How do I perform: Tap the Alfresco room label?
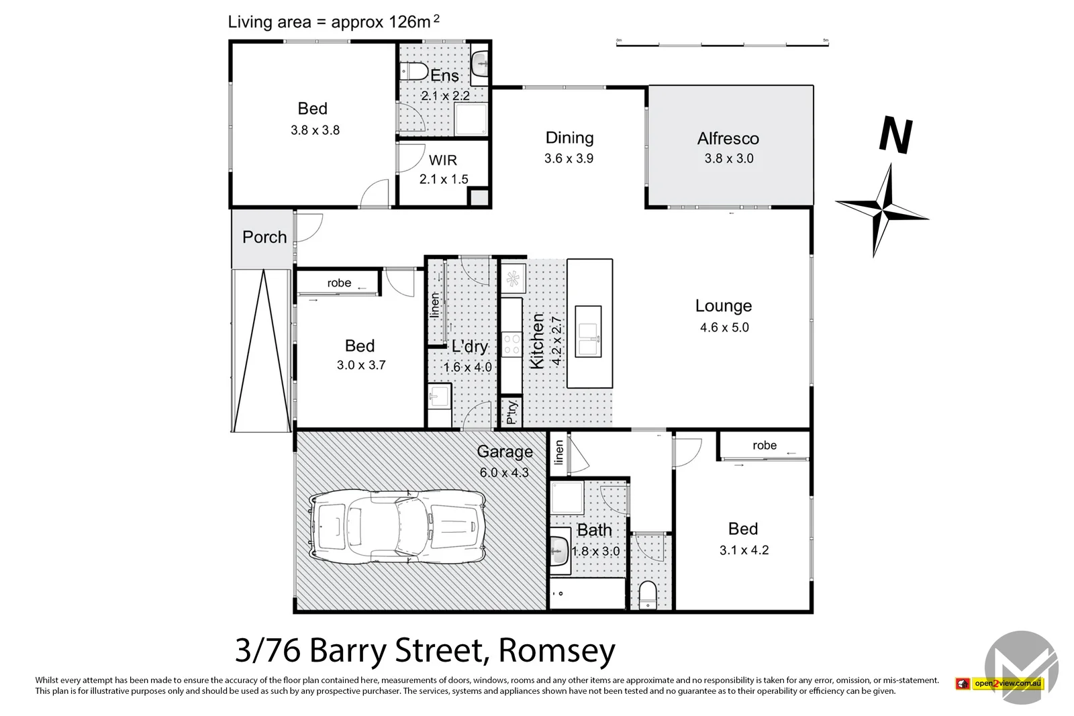click(x=728, y=139)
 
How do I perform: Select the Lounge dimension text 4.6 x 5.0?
click(x=724, y=327)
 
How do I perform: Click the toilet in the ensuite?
click(x=413, y=71)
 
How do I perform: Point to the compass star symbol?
click(x=881, y=211)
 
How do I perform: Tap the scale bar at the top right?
click(x=722, y=44)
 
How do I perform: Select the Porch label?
click(x=264, y=237)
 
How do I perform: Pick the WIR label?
click(x=443, y=160)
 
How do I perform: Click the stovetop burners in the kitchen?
click(x=511, y=344)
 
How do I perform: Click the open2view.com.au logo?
click(x=1000, y=683)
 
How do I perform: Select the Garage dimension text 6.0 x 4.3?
click(x=504, y=472)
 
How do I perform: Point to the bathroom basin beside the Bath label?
click(x=558, y=553)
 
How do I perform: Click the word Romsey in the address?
click(x=556, y=650)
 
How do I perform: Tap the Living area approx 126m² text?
click(x=334, y=21)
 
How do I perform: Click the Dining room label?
click(x=569, y=138)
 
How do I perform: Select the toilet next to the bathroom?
click(x=648, y=595)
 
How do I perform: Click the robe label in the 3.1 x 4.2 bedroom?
click(x=765, y=446)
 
